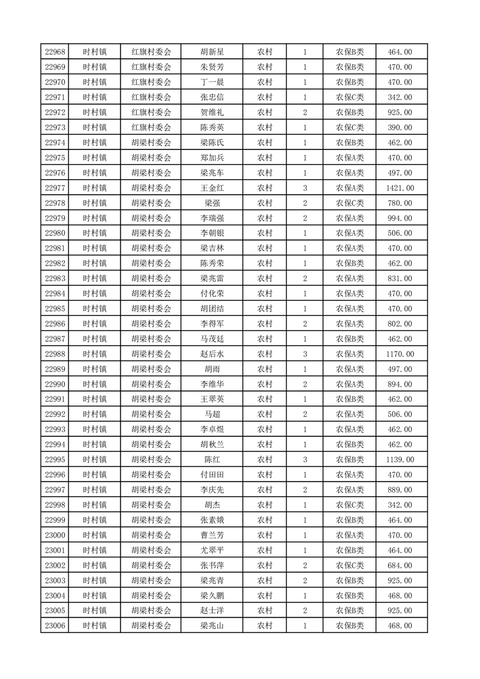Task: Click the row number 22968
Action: pos(55,52)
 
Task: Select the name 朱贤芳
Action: pos(212,67)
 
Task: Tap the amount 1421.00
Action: pos(399,188)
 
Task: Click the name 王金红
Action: pos(212,188)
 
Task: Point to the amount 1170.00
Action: pos(399,354)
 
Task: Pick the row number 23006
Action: pos(55,626)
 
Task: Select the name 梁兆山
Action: pos(212,626)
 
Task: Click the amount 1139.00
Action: pos(399,459)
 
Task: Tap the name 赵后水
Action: pos(212,354)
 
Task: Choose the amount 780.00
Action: pos(399,203)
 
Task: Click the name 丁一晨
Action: pos(212,82)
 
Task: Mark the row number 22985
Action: pos(55,309)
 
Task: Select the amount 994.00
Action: pos(399,218)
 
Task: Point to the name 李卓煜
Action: pos(212,429)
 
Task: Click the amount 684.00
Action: pos(399,565)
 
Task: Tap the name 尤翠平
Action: pos(212,550)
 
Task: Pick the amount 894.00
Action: pos(399,384)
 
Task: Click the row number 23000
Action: pos(55,535)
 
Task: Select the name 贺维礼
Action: pos(212,113)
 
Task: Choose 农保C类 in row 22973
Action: pos(350,128)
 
